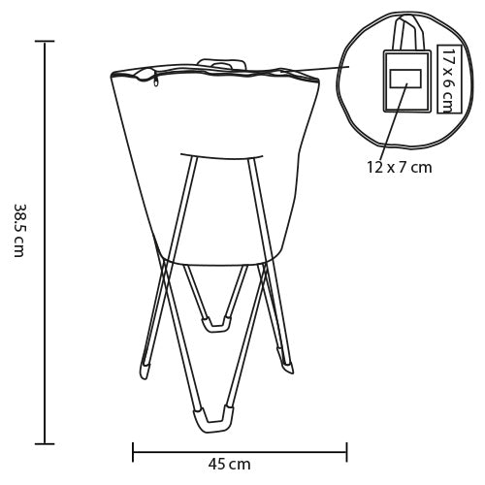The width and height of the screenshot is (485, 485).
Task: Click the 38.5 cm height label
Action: (x=19, y=230)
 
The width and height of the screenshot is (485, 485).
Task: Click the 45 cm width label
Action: (x=229, y=464)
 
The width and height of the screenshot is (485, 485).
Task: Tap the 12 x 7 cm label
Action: (x=400, y=167)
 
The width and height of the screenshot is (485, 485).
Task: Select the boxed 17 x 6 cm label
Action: (x=448, y=79)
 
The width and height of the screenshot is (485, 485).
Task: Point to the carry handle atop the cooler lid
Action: (x=221, y=63)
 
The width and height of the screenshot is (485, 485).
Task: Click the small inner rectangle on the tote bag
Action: (x=405, y=79)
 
